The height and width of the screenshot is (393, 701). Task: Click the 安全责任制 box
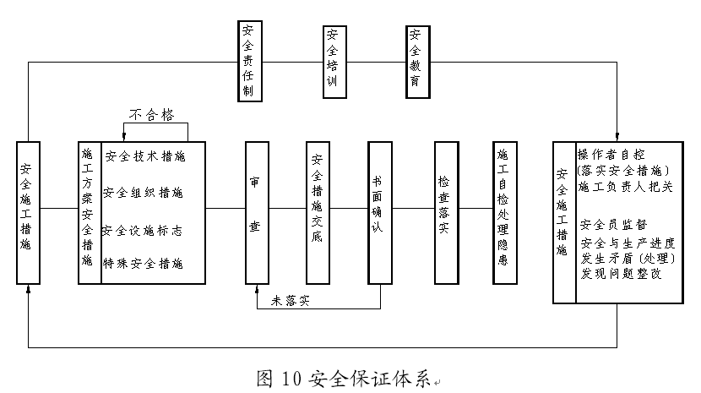coord(249,59)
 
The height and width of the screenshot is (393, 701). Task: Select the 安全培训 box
coord(334,60)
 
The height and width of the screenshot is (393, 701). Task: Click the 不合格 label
coord(155,112)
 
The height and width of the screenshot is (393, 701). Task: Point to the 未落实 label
coord(291,300)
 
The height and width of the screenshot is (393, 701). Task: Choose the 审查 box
coord(256,211)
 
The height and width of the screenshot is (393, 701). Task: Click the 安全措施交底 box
coord(318,211)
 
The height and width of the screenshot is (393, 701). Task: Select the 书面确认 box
coord(379,211)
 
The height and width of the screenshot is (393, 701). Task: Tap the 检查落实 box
coord(444,211)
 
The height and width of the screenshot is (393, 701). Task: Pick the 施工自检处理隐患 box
coord(503,211)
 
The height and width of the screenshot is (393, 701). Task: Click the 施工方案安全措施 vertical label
coord(87,211)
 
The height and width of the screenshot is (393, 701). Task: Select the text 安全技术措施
coord(144,156)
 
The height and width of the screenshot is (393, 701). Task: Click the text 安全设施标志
coord(144,230)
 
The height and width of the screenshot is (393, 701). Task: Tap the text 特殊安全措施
coord(144,265)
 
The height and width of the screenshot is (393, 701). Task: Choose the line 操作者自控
coord(611,155)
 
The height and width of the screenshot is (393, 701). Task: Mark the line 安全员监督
coord(614,225)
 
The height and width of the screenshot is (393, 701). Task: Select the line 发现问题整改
coord(622,274)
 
